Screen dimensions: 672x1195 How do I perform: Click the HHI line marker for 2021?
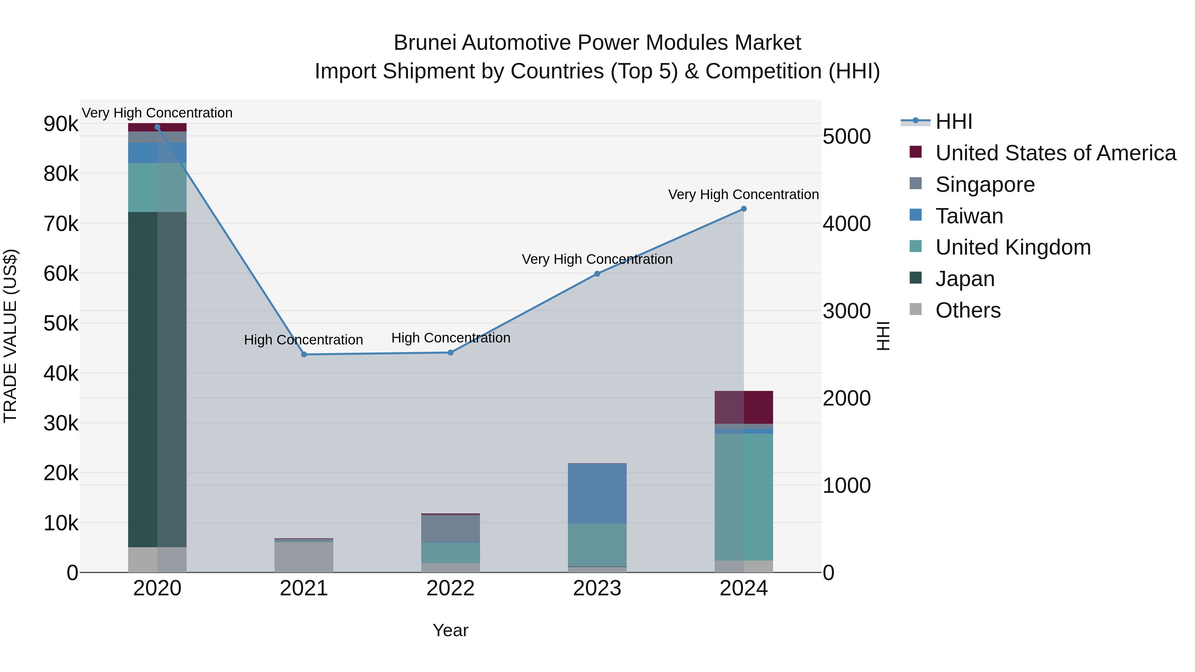coord(304,354)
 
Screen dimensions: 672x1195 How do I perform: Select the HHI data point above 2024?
coord(744,209)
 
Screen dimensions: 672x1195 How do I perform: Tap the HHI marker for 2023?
coord(597,274)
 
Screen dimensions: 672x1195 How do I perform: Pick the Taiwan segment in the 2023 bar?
coord(597,493)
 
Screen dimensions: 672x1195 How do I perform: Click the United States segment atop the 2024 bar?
coord(744,407)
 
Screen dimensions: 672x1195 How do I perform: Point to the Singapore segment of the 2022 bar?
coord(450,528)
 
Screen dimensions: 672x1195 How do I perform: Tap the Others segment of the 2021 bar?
coord(304,557)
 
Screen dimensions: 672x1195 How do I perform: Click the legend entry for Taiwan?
coord(969,216)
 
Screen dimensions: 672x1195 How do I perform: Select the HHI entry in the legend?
coord(953,121)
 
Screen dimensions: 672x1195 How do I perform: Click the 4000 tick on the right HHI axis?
coord(846,224)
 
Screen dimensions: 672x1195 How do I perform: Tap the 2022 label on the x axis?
coord(450,588)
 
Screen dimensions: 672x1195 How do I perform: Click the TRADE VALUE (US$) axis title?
coord(11,336)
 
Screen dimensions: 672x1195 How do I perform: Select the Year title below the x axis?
coord(450,630)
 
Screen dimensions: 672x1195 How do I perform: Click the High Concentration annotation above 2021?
coord(303,340)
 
